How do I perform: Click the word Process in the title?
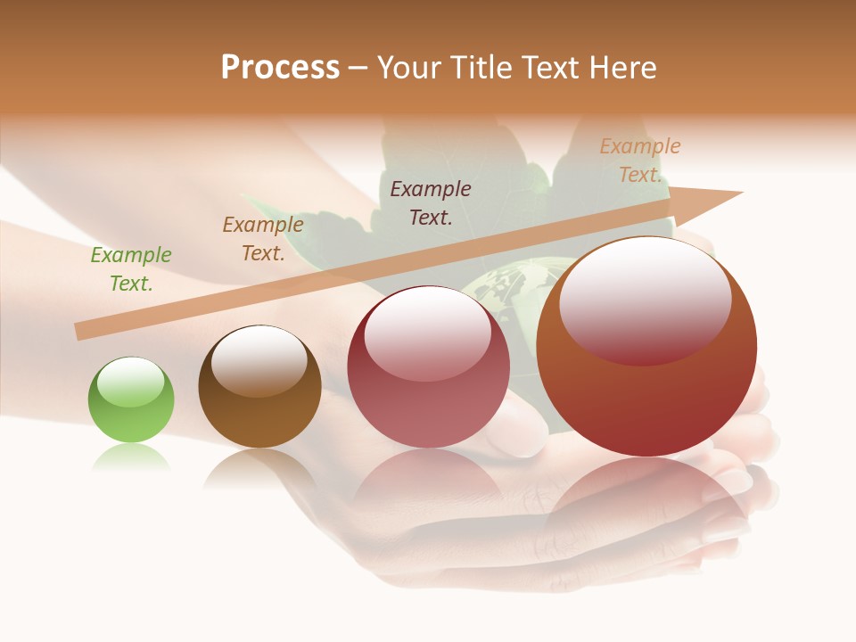tap(280, 68)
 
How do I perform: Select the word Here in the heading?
tap(621, 68)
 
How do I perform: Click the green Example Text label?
tap(131, 269)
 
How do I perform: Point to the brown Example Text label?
tap(263, 239)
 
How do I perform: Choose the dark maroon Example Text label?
tap(431, 202)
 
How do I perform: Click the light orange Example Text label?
tap(640, 160)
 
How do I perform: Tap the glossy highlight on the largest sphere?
tap(646, 299)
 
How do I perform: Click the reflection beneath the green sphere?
tap(130, 458)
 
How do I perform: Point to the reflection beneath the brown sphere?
tap(259, 468)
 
